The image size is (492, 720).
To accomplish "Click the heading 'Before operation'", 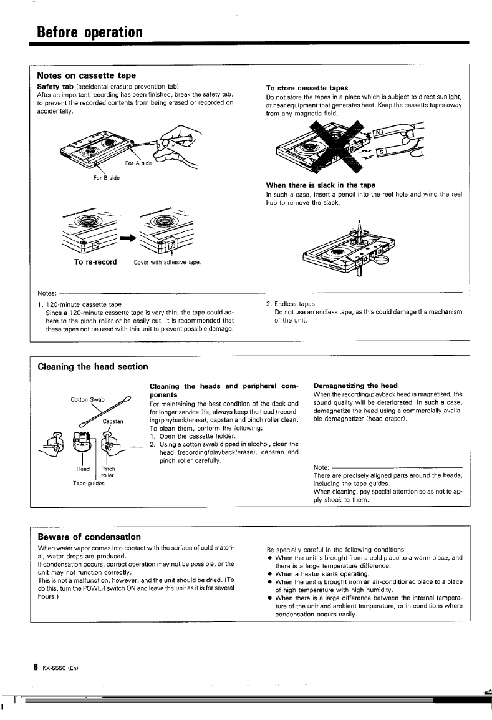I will point(90,31).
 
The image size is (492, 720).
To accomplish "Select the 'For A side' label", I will point(138,163).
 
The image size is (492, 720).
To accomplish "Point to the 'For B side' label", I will point(105,178).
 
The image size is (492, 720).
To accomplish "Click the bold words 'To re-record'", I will point(95,261).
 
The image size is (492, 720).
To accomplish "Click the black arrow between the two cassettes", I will point(129,238).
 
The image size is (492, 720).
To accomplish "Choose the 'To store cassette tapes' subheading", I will point(307,88).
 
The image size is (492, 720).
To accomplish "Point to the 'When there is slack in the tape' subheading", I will point(321,185).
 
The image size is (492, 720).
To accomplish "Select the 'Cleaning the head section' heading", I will point(93,367).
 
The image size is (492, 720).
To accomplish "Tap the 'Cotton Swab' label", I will point(88,400).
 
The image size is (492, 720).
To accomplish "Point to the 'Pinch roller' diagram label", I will point(108,472).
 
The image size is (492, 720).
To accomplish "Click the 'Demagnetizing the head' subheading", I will point(355,386).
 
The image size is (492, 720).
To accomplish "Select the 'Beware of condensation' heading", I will point(89,537).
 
